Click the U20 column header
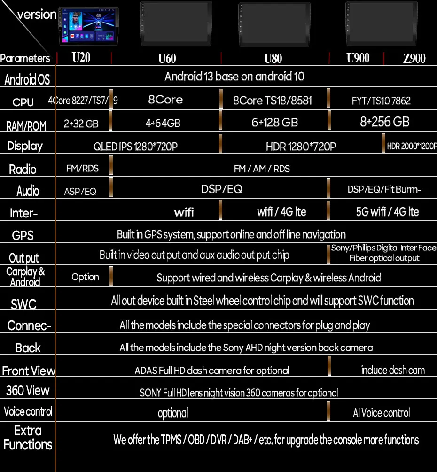pyautogui.click(x=81, y=58)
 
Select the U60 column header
pyautogui.click(x=167, y=59)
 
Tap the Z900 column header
pyautogui.click(x=414, y=59)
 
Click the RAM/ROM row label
pyautogui.click(x=26, y=125)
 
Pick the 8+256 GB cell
pyautogui.click(x=384, y=122)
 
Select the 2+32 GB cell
pyautogui.click(x=81, y=124)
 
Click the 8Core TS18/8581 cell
pyautogui.click(x=273, y=101)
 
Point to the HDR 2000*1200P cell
pyautogui.click(x=412, y=146)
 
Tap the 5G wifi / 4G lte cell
pyautogui.click(x=387, y=212)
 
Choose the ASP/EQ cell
pyautogui.click(x=80, y=191)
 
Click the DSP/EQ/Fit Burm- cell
pyautogui.click(x=384, y=189)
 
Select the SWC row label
pyautogui.click(x=23, y=304)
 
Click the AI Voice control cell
pyautogui.click(x=381, y=413)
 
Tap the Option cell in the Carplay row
pyautogui.click(x=85, y=277)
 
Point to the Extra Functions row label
pyautogui.click(x=28, y=437)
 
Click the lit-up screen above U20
pyautogui.click(x=88, y=26)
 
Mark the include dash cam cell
pyautogui.click(x=392, y=370)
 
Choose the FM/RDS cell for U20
pyautogui.click(x=82, y=168)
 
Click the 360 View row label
pyautogui.click(x=28, y=390)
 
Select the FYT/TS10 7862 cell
pyautogui.click(x=381, y=101)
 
